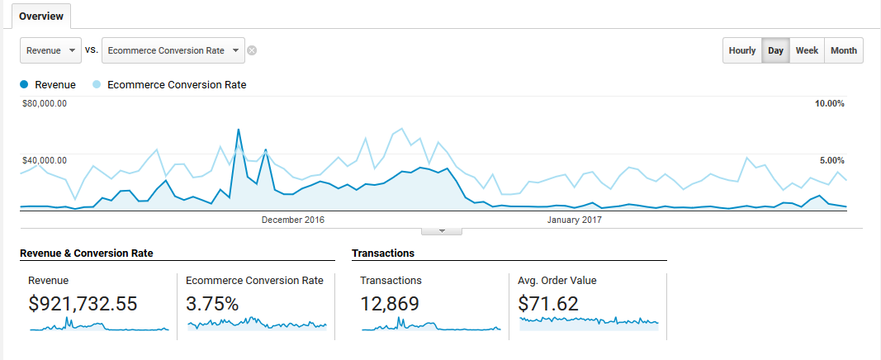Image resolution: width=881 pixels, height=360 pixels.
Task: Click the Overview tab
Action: [x=41, y=17]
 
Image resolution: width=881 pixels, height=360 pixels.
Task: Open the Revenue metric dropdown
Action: [x=50, y=50]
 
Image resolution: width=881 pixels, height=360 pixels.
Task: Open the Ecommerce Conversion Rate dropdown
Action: [x=173, y=50]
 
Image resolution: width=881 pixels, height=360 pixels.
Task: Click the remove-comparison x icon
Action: [x=252, y=50]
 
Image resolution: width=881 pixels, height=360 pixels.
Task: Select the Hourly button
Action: [x=742, y=50]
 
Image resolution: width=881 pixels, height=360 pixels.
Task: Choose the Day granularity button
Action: [x=775, y=50]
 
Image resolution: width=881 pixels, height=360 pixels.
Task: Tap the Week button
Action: [x=807, y=50]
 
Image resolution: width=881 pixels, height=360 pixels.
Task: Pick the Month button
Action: [x=843, y=50]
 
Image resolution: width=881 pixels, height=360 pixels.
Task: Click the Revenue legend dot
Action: [x=25, y=84]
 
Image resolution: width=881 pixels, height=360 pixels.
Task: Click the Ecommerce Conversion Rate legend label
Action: [x=177, y=84]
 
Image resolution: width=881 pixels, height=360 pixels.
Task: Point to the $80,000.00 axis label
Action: [x=45, y=104]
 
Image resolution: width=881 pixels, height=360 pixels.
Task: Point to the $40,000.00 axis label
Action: [x=45, y=160]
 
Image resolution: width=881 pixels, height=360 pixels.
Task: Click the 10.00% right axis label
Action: [x=829, y=104]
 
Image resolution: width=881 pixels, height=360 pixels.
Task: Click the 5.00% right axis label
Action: [x=831, y=160]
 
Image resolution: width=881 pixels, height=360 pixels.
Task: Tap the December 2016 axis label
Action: [x=293, y=220]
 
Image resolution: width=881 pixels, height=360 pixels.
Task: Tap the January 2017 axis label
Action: [x=575, y=220]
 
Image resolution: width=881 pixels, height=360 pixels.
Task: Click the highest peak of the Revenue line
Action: [x=239, y=130]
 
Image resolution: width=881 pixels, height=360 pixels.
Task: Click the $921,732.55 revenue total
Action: [x=83, y=304]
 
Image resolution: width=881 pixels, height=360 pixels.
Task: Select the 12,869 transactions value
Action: [x=390, y=304]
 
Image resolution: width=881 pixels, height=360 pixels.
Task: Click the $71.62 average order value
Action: [x=548, y=304]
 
